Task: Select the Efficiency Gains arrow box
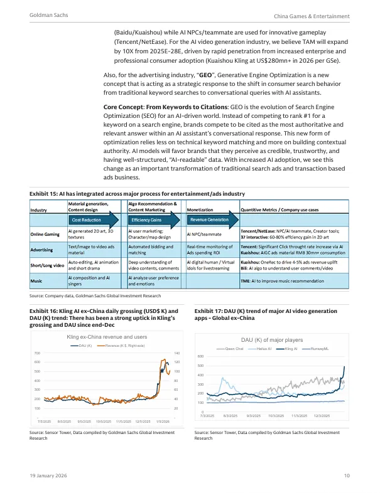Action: click(148, 220)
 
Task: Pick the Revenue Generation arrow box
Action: click(210, 220)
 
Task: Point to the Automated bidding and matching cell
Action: click(150, 250)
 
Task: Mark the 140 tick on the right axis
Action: click(178, 354)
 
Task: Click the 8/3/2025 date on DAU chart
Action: click(231, 416)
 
